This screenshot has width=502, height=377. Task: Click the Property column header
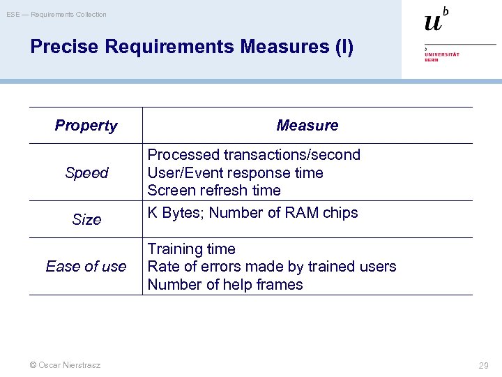pos(86,126)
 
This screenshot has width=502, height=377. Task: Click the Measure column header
pos(307,126)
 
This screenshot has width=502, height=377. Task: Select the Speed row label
pos(86,172)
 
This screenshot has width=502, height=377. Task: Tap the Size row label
pos(86,219)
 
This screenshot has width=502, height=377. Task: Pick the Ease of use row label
pos(86,266)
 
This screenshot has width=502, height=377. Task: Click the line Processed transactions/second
pos(254,155)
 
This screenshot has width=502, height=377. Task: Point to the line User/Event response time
pos(235,172)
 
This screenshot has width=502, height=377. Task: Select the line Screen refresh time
pos(213,190)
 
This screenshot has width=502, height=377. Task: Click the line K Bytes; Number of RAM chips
pos(252,213)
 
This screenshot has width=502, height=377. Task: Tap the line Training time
pos(191,249)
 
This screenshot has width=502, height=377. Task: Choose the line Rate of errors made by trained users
pos(271,267)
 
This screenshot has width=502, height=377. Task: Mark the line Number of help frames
pos(225,284)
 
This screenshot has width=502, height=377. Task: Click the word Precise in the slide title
pos(65,47)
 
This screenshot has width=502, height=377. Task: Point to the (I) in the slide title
pos(344,47)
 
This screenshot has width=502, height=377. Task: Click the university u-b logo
pos(436,20)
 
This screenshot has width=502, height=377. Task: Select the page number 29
pos(483,365)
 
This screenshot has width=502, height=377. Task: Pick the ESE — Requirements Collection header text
pos(56,14)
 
